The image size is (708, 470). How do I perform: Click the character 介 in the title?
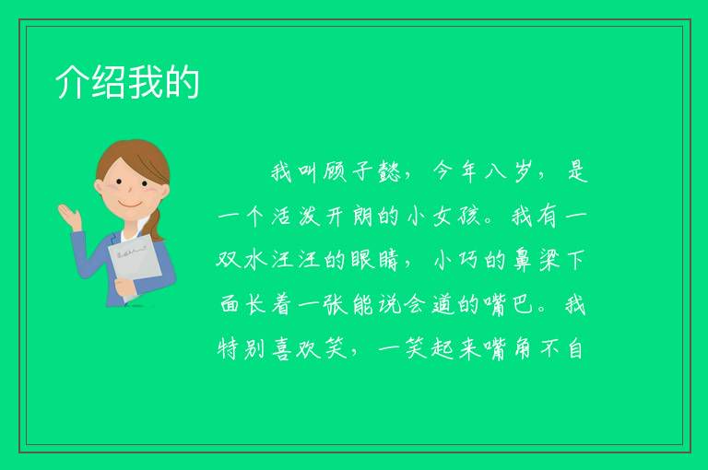click(x=73, y=82)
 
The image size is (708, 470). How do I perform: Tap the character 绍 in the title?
click(x=109, y=82)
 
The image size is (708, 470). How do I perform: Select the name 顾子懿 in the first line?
click(x=361, y=172)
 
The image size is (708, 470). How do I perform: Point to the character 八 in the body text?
click(x=495, y=172)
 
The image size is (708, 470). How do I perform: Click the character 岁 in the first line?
click(x=522, y=172)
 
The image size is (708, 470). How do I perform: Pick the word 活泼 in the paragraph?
click(x=296, y=217)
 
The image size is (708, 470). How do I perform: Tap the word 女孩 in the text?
click(x=455, y=217)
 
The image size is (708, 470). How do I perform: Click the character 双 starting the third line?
click(x=229, y=261)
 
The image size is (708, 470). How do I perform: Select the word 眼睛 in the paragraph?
click(x=375, y=261)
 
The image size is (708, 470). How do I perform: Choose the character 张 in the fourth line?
click(x=335, y=305)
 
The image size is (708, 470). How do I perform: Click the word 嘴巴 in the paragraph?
click(x=509, y=305)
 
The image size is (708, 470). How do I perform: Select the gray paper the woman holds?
click(x=135, y=266)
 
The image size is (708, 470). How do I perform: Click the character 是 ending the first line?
click(x=577, y=172)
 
